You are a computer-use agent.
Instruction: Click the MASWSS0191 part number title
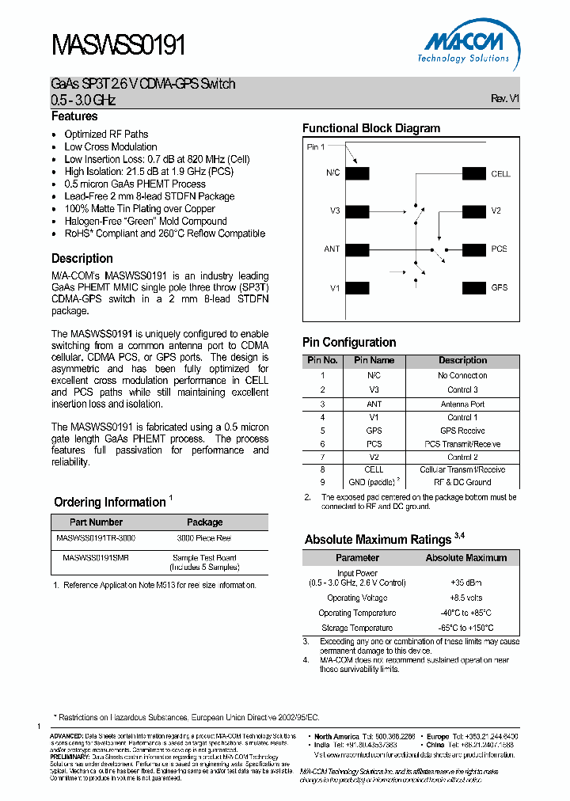(x=119, y=44)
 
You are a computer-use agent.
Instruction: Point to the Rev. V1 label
(x=504, y=99)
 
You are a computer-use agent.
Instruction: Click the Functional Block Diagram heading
(x=371, y=128)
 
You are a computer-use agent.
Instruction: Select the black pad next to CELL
(x=474, y=174)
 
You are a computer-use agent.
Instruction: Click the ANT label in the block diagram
(x=332, y=249)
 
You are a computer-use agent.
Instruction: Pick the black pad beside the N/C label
(x=357, y=174)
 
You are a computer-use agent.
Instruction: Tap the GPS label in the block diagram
(x=499, y=287)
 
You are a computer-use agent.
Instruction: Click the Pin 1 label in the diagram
(x=315, y=147)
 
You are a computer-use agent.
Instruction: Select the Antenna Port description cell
(x=462, y=404)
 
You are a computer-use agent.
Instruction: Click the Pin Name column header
(x=374, y=360)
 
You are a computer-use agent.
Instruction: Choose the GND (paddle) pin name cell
(x=374, y=482)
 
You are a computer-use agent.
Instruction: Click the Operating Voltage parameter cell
(x=356, y=598)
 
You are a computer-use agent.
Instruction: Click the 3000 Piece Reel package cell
(x=204, y=537)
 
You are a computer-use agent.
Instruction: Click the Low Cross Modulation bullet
(x=111, y=146)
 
